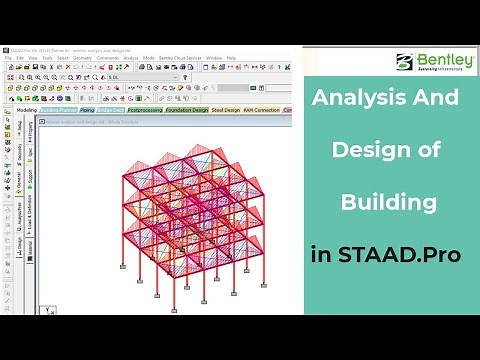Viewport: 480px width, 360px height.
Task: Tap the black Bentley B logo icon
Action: coord(404,62)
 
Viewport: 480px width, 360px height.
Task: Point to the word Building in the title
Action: coord(389,203)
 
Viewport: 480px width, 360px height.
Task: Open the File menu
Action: coord(8,58)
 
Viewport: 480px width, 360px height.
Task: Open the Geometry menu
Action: coord(80,58)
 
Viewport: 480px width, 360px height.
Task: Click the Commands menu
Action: coord(107,58)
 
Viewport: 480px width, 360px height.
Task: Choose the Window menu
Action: coord(214,58)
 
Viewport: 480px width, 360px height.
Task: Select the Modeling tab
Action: coord(23,110)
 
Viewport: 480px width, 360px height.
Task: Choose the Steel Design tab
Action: coord(226,110)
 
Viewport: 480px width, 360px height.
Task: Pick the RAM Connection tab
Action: coord(262,110)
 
